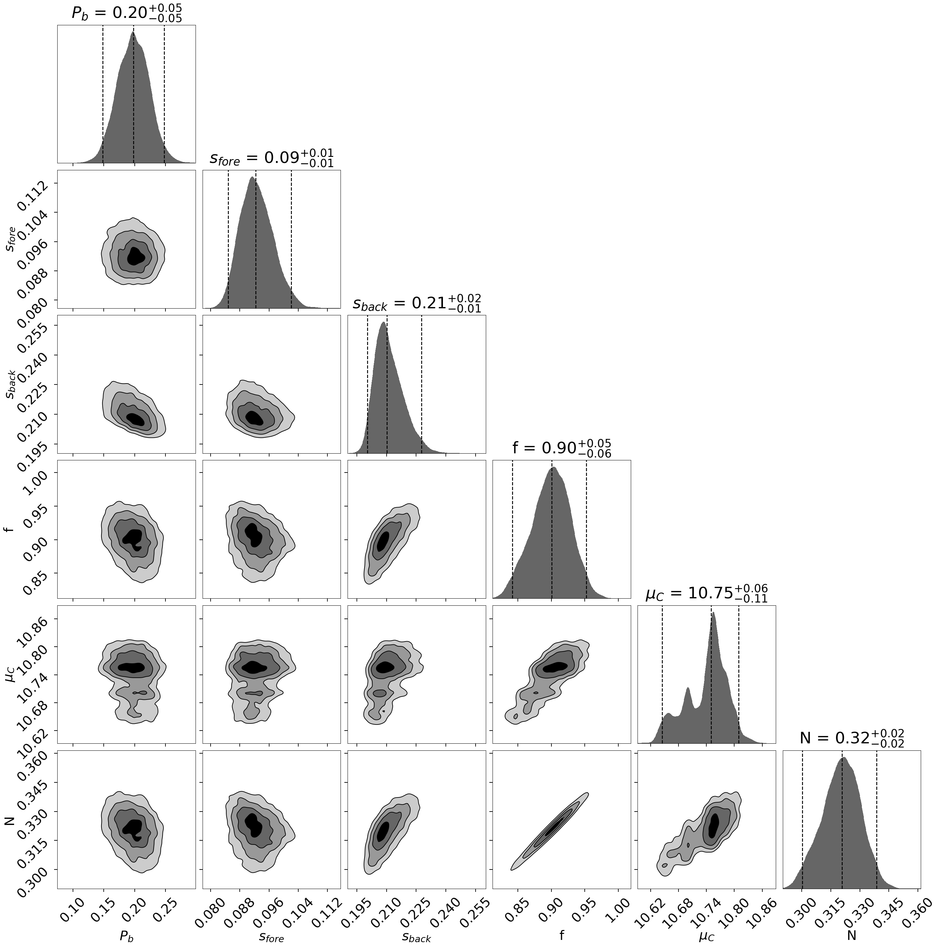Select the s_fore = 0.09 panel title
pos(272,158)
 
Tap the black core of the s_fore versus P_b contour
pos(136,256)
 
